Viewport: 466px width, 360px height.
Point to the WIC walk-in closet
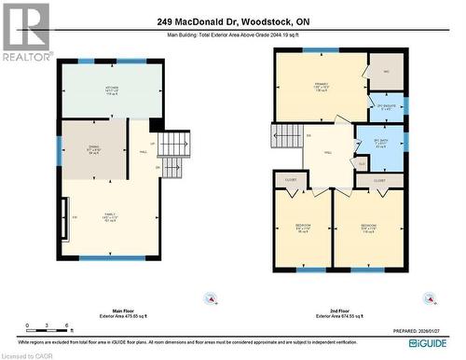click(x=386, y=72)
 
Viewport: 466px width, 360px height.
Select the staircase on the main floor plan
click(x=173, y=144)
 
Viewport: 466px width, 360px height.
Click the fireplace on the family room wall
click(x=63, y=217)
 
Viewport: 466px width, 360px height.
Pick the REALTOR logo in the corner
click(x=26, y=33)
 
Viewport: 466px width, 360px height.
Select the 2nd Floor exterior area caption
click(x=340, y=314)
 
